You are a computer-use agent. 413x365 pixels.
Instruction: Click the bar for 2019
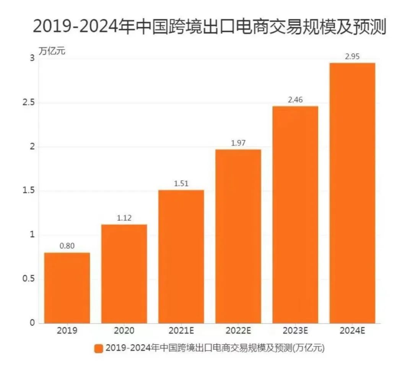click(67, 287)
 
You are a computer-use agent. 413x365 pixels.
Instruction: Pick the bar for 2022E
click(238, 236)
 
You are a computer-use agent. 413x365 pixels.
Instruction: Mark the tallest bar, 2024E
click(352, 193)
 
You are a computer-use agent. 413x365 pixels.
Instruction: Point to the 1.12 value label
click(124, 218)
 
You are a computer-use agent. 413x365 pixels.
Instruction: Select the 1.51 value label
click(181, 184)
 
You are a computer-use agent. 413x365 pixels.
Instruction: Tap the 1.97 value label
click(238, 143)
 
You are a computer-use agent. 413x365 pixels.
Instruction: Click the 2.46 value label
click(295, 100)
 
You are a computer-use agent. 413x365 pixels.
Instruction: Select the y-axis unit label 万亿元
click(52, 51)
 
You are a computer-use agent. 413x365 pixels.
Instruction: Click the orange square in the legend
click(99, 349)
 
